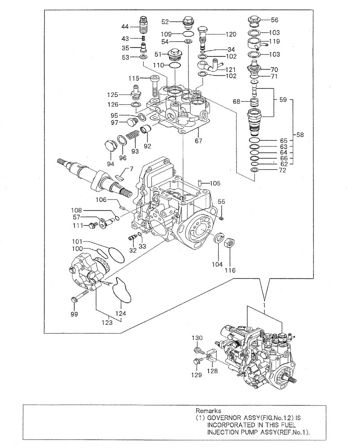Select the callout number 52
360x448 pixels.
(x=165, y=22)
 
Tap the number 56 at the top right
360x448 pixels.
(x=274, y=20)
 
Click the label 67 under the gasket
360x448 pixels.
(x=198, y=141)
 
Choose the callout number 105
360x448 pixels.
(x=215, y=183)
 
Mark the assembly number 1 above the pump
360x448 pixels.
(x=265, y=304)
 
